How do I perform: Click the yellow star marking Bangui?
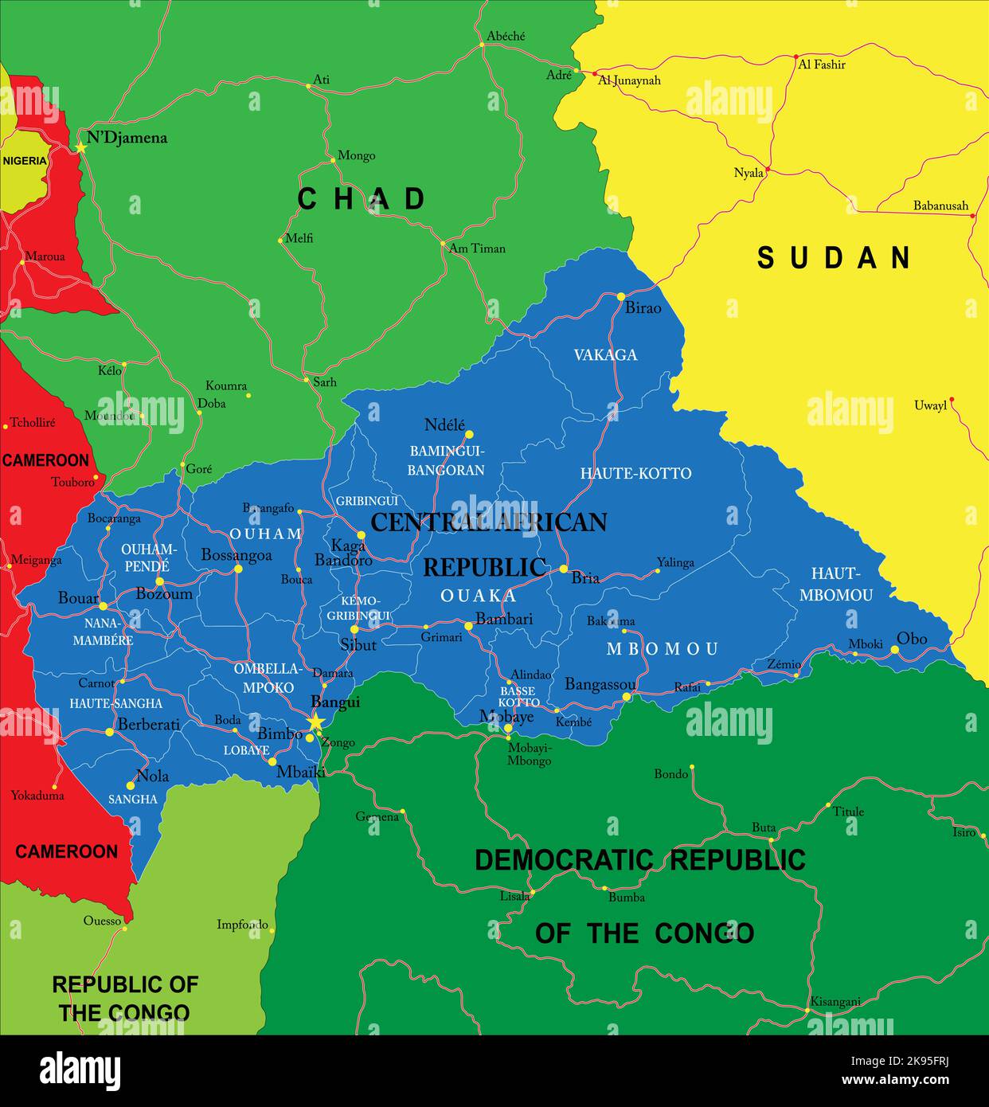316,722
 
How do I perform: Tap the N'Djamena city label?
127,138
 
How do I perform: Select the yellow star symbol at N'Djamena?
80,147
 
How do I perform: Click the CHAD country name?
362,199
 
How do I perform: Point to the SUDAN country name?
834,257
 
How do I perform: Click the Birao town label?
643,308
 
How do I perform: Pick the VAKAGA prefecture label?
605,355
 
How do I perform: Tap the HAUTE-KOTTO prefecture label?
635,473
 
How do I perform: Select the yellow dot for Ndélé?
469,434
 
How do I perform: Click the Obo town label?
912,639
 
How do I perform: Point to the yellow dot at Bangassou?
627,697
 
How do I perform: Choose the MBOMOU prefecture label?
663,649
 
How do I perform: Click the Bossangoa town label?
236,555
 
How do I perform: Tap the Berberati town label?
148,725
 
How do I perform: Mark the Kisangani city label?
835,1002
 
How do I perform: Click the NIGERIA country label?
25,161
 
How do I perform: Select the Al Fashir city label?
822,65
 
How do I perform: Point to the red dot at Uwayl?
952,400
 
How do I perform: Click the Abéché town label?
506,37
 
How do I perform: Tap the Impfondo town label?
242,925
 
